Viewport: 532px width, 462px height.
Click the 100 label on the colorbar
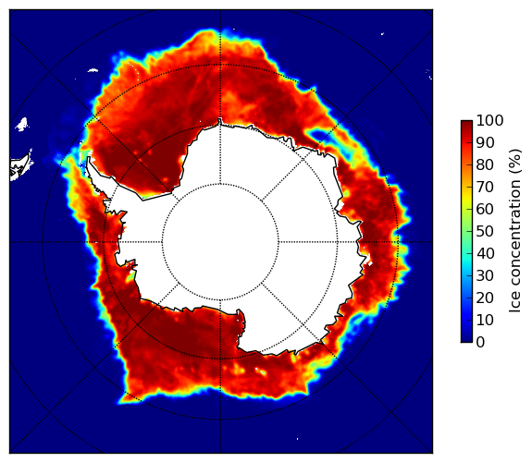[489, 120]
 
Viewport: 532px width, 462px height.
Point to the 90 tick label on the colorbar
[485, 142]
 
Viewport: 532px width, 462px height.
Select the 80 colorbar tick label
[485, 164]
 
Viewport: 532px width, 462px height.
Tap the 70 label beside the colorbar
[485, 187]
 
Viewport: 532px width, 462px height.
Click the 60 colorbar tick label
[485, 209]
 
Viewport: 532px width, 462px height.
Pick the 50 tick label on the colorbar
[485, 232]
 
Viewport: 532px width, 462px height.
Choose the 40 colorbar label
[485, 253]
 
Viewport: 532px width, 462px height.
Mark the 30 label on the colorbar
[485, 275]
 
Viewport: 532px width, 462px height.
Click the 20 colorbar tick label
[485, 298]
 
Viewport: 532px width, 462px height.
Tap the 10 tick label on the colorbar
[485, 320]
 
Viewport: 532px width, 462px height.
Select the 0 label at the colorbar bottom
[480, 343]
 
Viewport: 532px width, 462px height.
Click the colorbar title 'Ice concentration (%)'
[514, 231]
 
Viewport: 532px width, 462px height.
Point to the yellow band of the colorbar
[466, 199]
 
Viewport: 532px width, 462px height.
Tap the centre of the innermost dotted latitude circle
[220, 242]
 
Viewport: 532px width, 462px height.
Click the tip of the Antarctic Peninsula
[89, 158]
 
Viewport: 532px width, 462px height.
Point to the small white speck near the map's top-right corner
[382, 33]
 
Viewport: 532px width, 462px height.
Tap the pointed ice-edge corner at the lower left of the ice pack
[119, 403]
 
